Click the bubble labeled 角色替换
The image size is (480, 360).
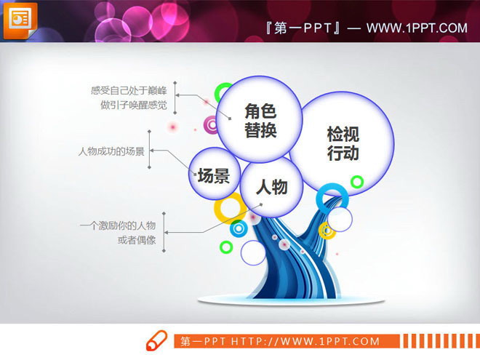coord(260,120)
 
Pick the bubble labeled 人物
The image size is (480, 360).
coord(272,188)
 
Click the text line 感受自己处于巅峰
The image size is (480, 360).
coord(130,91)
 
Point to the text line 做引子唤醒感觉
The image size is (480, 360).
coord(134,105)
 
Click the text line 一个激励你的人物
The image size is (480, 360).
coord(118,225)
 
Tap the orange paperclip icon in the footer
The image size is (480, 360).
coord(157,341)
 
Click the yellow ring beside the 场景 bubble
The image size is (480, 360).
coord(230,208)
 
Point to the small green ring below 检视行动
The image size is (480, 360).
coord(356,181)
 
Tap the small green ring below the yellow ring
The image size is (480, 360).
coord(226,247)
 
